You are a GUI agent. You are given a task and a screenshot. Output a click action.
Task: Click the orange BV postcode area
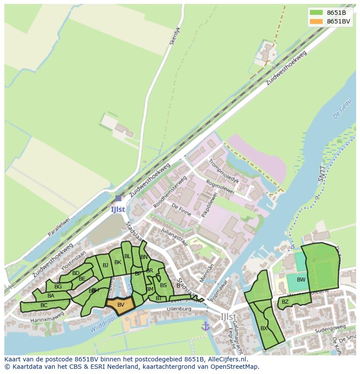(120, 305)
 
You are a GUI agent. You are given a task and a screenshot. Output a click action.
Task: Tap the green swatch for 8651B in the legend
(317, 13)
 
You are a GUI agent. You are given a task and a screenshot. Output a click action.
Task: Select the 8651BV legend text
(338, 21)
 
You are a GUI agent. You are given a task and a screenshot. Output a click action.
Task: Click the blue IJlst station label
(118, 209)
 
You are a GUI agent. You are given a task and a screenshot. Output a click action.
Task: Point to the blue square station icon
(118, 198)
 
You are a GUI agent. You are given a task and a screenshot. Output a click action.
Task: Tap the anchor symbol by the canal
(206, 326)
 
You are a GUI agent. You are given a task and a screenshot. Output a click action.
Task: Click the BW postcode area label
(301, 280)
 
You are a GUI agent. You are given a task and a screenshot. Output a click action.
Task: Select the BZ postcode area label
(285, 301)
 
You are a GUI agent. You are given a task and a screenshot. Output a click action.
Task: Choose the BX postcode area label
(264, 328)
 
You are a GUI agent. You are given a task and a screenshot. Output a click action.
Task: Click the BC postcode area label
(44, 305)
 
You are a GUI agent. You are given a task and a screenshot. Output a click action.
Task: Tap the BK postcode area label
(118, 262)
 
